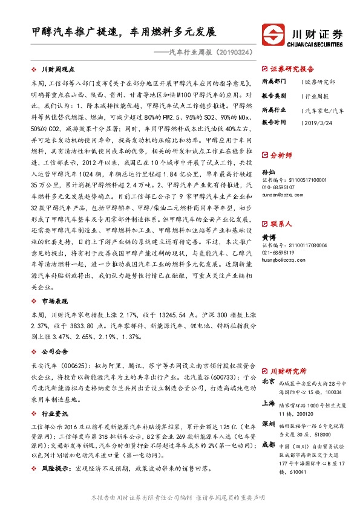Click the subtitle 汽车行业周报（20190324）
coord(208,53)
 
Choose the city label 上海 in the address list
coord(268,403)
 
